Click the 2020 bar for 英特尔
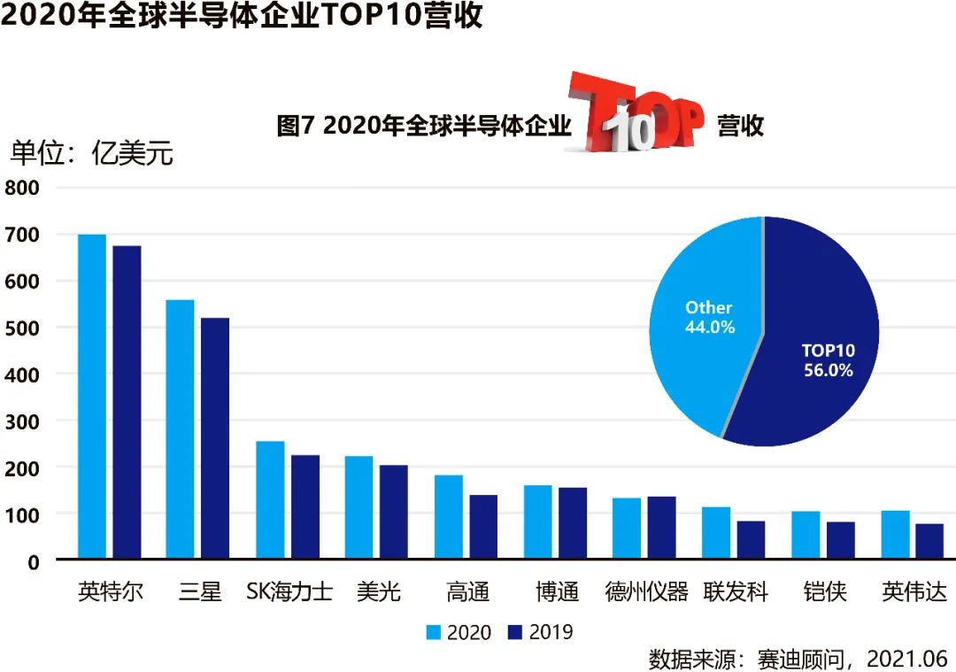pyautogui.click(x=92, y=397)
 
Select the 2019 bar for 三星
pyautogui.click(x=215, y=438)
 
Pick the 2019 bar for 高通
pyautogui.click(x=483, y=527)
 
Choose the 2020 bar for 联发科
pyautogui.click(x=716, y=533)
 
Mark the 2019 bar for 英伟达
pyautogui.click(x=929, y=541)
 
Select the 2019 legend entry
pyautogui.click(x=540, y=632)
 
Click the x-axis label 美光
pyautogui.click(x=378, y=591)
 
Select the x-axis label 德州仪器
pyautogui.click(x=646, y=591)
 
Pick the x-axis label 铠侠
pyautogui.click(x=825, y=591)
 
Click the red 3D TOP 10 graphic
pyautogui.click(x=634, y=113)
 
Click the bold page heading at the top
pyautogui.click(x=242, y=17)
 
